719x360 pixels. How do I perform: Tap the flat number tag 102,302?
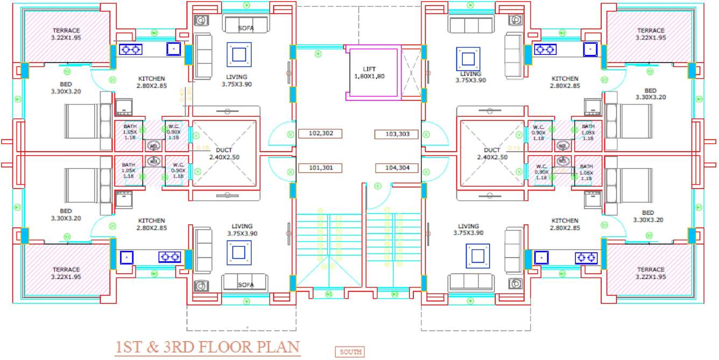pyautogui.click(x=321, y=133)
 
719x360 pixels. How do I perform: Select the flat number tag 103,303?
pyautogui.click(x=397, y=133)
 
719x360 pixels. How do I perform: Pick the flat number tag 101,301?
pyautogui.click(x=321, y=168)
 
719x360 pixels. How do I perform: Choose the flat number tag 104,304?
pyautogui.click(x=397, y=168)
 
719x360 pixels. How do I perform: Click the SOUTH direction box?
pyautogui.click(x=349, y=352)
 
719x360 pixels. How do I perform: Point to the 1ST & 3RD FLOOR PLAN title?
pyautogui.click(x=207, y=347)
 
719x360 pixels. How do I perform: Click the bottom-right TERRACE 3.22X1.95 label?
pyautogui.click(x=651, y=273)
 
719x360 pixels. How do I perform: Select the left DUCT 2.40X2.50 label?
pyautogui.click(x=223, y=154)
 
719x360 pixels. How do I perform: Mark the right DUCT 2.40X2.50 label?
pyautogui.click(x=491, y=154)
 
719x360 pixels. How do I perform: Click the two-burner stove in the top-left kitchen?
pyautogui.click(x=130, y=50)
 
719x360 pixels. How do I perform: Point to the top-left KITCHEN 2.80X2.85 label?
pyautogui.click(x=151, y=82)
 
